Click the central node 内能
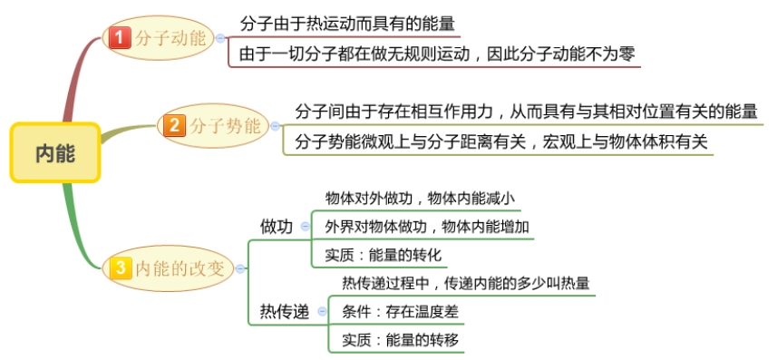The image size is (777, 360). point(55,153)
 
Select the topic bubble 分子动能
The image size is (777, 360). point(170,39)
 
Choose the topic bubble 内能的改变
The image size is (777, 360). point(180,268)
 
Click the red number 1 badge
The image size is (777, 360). point(119,39)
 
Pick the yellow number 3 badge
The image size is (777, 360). point(120,268)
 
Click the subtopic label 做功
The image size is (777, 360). point(276,227)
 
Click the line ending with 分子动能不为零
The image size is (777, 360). point(438,54)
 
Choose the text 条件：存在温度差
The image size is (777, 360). point(401,311)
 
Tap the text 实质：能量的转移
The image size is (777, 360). point(401,339)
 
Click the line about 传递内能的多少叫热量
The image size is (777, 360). point(465,283)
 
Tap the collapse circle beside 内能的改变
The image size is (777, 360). point(238,268)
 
